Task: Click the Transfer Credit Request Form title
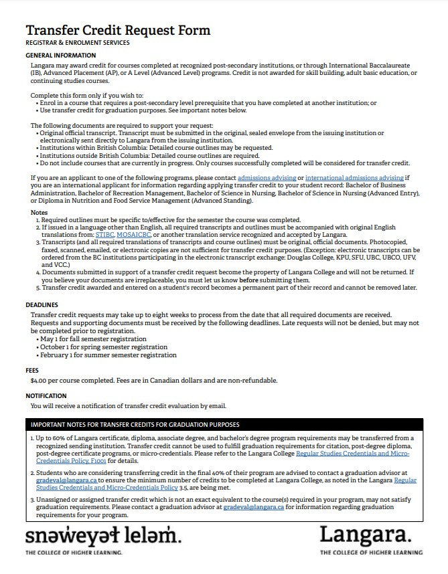coord(117,30)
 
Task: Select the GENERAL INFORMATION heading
coord(60,55)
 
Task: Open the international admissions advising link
coord(354,177)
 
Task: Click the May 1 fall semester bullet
coord(93,339)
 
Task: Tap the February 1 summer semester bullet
coord(108,355)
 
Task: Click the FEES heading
coord(33,369)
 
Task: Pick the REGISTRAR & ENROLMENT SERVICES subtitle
coord(77,43)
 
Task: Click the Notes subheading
coord(40,212)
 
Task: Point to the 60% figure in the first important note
coord(65,438)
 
